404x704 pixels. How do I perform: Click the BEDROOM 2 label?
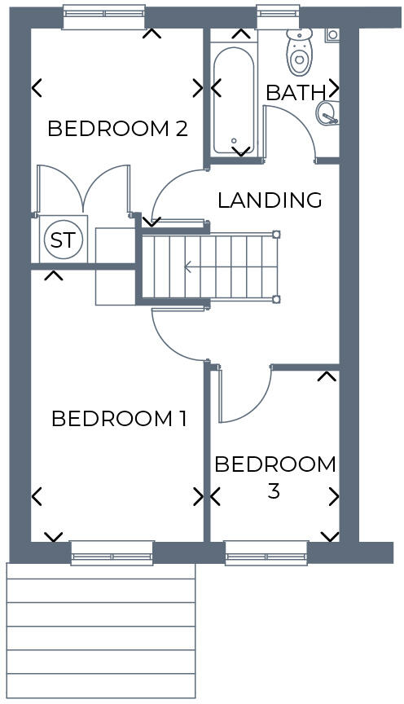pyautogui.click(x=118, y=129)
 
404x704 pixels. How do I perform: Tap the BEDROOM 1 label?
pyautogui.click(x=119, y=420)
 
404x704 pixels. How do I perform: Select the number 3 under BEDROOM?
pyautogui.click(x=274, y=491)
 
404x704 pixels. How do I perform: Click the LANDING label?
pyautogui.click(x=270, y=200)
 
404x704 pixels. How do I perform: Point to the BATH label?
pyautogui.click(x=296, y=93)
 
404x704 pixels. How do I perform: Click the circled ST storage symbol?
pyautogui.click(x=62, y=240)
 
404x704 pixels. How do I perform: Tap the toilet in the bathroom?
pyautogui.click(x=299, y=52)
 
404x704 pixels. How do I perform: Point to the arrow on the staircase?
pyautogui.click(x=188, y=266)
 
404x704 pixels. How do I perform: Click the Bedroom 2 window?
pyautogui.click(x=104, y=18)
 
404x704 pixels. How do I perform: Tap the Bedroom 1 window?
pyautogui.click(x=112, y=554)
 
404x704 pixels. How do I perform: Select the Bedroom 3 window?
pyautogui.click(x=266, y=554)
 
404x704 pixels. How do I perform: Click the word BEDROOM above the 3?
pyautogui.click(x=274, y=464)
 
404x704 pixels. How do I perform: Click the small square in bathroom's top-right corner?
pyautogui.click(x=332, y=35)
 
